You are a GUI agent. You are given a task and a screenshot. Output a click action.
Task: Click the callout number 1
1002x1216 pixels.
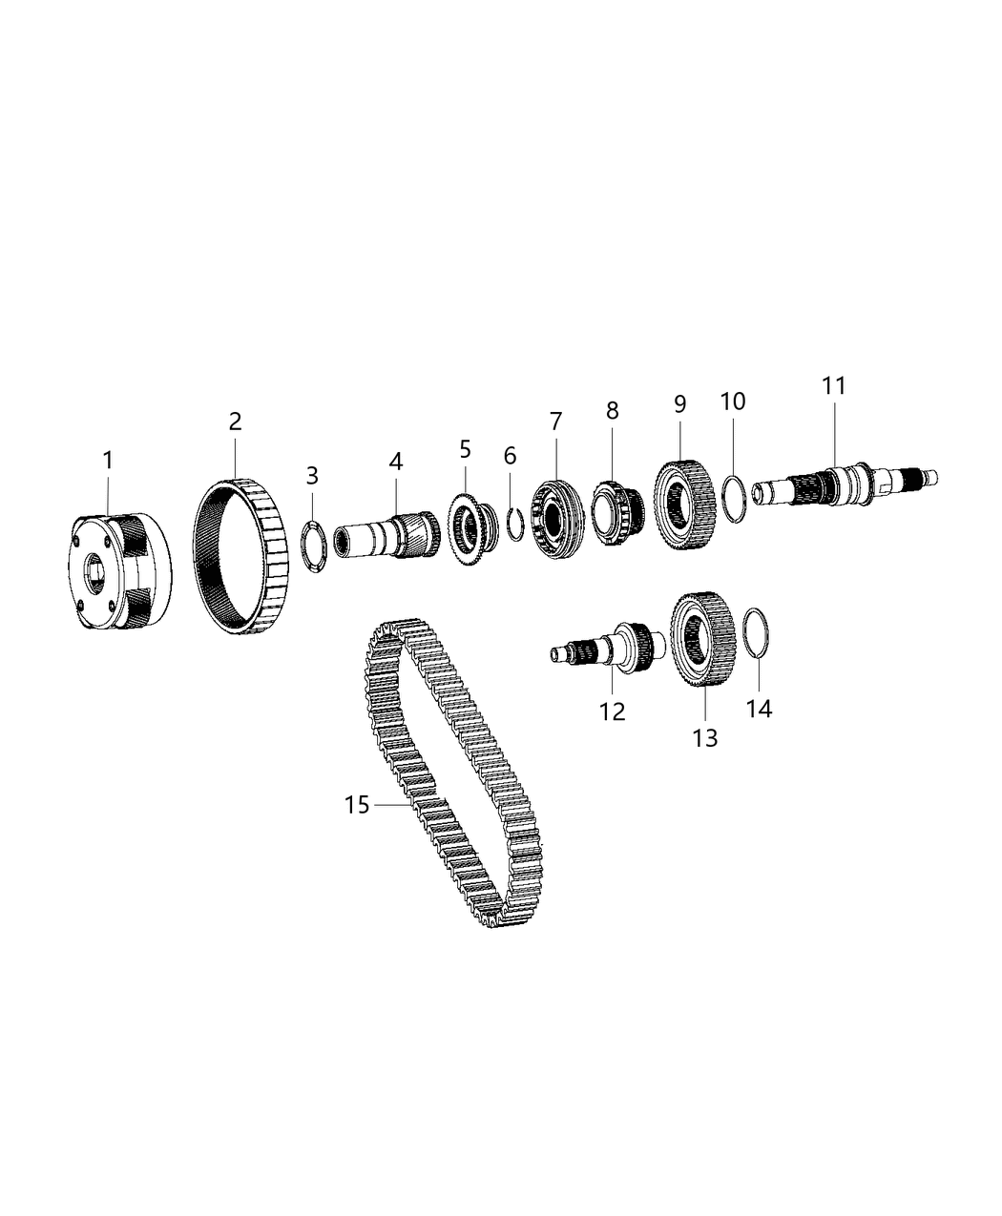(108, 461)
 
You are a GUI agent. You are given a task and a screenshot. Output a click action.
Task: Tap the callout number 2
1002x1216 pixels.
(235, 421)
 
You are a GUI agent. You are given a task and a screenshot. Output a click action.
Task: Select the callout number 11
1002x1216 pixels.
(835, 386)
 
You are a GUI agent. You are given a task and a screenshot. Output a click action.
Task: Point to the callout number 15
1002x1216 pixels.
(356, 806)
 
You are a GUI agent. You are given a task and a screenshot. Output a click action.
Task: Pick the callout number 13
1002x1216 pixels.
(704, 737)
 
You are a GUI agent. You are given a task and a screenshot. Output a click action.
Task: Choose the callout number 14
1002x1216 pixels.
(760, 709)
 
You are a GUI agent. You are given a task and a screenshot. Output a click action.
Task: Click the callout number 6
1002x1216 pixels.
(510, 456)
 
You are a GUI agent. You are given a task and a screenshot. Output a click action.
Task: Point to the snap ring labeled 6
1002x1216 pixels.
(514, 525)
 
